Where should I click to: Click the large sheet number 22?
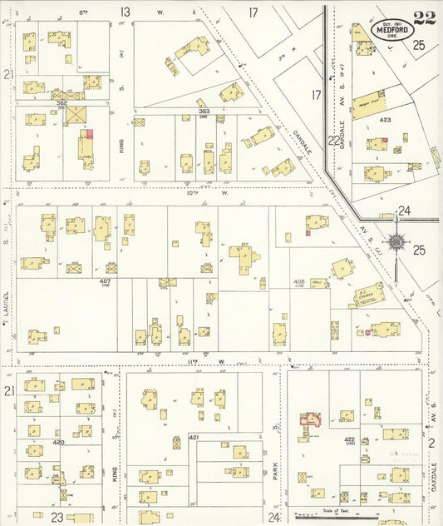tap(423, 17)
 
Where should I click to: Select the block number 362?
tap(61, 102)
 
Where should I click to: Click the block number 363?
tap(203, 111)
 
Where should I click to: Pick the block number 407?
tap(106, 281)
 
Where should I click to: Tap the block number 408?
tap(298, 281)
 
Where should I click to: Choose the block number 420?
tap(58, 443)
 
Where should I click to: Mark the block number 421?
tap(194, 437)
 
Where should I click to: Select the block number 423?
tap(385, 120)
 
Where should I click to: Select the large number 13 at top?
tap(126, 12)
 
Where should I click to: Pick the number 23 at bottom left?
tap(57, 517)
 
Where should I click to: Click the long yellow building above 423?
tap(369, 104)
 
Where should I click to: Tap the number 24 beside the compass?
tap(405, 211)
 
